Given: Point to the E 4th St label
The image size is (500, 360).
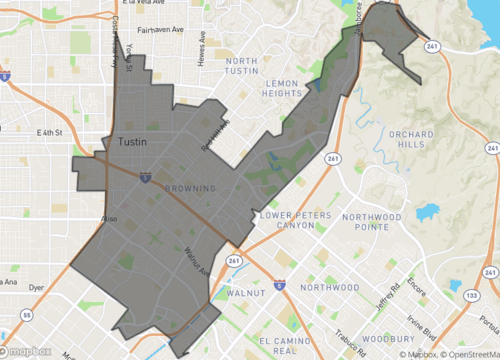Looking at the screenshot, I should click(50, 132).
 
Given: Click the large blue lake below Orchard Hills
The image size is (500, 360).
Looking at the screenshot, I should click(428, 213).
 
